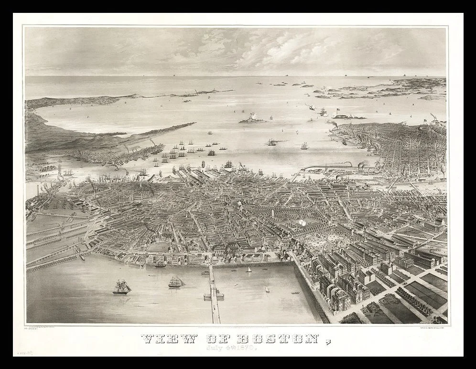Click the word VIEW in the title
[170, 339]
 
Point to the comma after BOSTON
[328, 342]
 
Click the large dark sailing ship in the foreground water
[122, 287]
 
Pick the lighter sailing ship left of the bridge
[176, 282]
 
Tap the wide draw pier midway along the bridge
[213, 296]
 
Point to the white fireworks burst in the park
[302, 222]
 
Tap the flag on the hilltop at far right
[424, 122]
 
